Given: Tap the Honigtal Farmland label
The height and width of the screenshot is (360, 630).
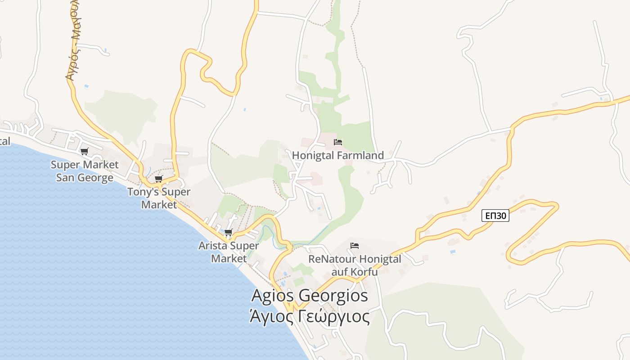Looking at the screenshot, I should pyautogui.click(x=338, y=156).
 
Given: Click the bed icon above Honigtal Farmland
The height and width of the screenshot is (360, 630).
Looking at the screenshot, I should pyautogui.click(x=338, y=143).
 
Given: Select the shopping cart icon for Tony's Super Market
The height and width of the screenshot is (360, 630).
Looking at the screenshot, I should pyautogui.click(x=158, y=179).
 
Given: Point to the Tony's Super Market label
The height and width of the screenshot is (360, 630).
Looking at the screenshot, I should pyautogui.click(x=159, y=198).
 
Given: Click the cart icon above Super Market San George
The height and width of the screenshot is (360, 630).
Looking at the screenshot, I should pyautogui.click(x=84, y=152).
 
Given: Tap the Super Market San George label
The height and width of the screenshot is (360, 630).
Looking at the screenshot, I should pyautogui.click(x=85, y=171).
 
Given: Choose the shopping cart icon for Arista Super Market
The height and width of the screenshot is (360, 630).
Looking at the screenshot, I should pyautogui.click(x=228, y=233).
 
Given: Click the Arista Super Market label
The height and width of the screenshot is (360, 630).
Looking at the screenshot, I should pyautogui.click(x=229, y=252).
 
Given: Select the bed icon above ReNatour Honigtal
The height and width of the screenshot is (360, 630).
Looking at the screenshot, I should pyautogui.click(x=355, y=246).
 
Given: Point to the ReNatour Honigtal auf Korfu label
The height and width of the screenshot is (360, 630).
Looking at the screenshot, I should pyautogui.click(x=355, y=265).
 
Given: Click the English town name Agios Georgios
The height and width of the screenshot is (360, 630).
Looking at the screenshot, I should pyautogui.click(x=310, y=296).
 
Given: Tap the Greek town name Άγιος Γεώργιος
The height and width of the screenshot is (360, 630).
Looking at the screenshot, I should pyautogui.click(x=310, y=317).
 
